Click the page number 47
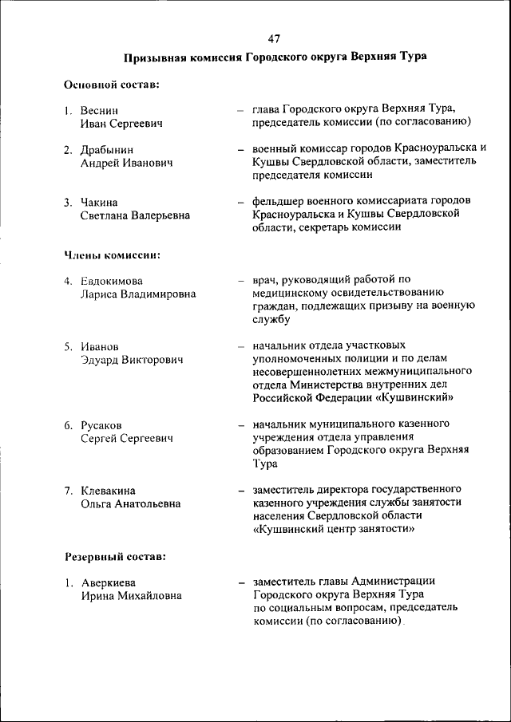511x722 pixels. click(275, 37)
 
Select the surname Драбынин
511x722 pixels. click(107, 149)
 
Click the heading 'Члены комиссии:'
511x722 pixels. click(112, 255)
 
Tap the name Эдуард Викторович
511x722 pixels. click(132, 360)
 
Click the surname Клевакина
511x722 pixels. click(108, 490)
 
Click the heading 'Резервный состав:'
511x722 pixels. click(115, 555)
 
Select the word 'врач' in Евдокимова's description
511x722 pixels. click(264, 280)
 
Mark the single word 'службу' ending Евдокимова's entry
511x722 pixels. click(271, 319)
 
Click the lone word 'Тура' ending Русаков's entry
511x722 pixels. click(265, 463)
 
